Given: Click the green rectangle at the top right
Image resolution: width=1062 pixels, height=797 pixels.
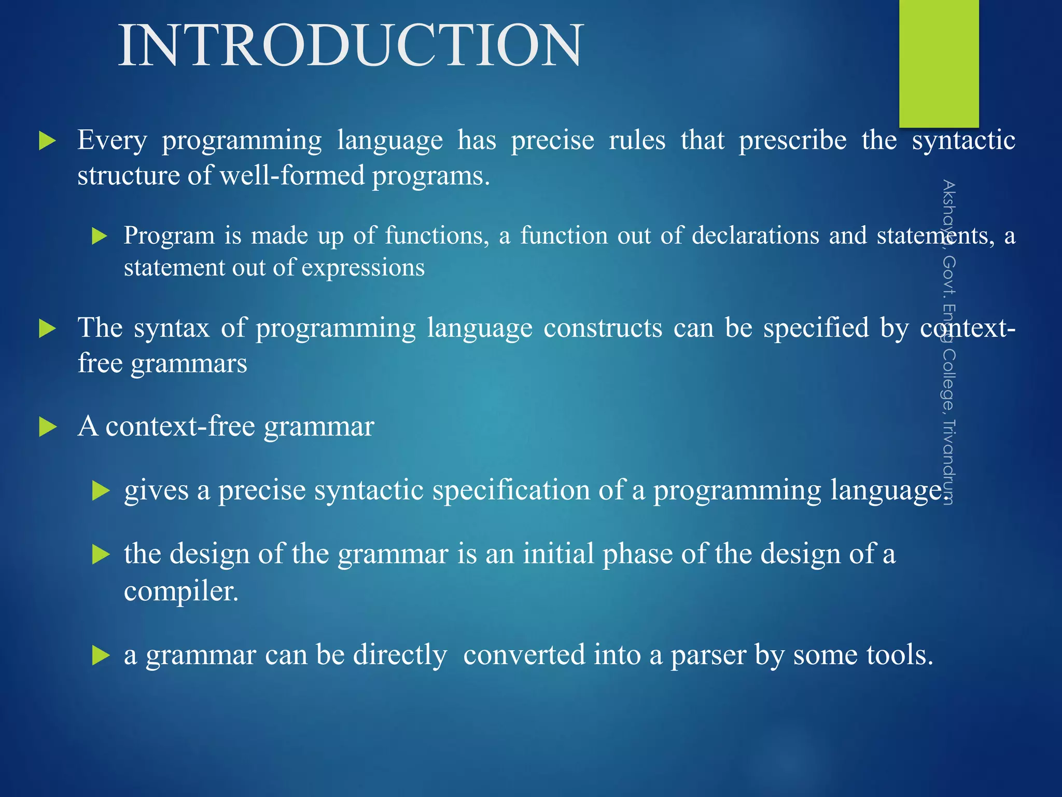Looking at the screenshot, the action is (x=939, y=62).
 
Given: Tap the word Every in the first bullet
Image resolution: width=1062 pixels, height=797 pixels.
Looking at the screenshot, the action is (x=112, y=141).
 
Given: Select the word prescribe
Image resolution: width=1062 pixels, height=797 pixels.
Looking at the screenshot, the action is (x=792, y=141).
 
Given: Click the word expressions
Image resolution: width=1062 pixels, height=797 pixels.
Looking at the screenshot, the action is (x=363, y=268).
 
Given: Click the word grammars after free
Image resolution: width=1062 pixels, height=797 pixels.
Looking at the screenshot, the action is (x=189, y=363).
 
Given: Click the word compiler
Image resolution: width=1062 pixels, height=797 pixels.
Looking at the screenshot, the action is (x=181, y=591).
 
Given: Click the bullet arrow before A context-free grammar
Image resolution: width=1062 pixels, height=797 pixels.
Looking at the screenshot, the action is (x=48, y=428).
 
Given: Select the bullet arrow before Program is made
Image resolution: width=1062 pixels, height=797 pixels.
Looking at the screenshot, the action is (x=99, y=237).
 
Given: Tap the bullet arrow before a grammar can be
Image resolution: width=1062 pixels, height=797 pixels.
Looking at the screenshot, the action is (x=101, y=656).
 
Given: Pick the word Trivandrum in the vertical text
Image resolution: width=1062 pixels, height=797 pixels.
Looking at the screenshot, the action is (x=948, y=462).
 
